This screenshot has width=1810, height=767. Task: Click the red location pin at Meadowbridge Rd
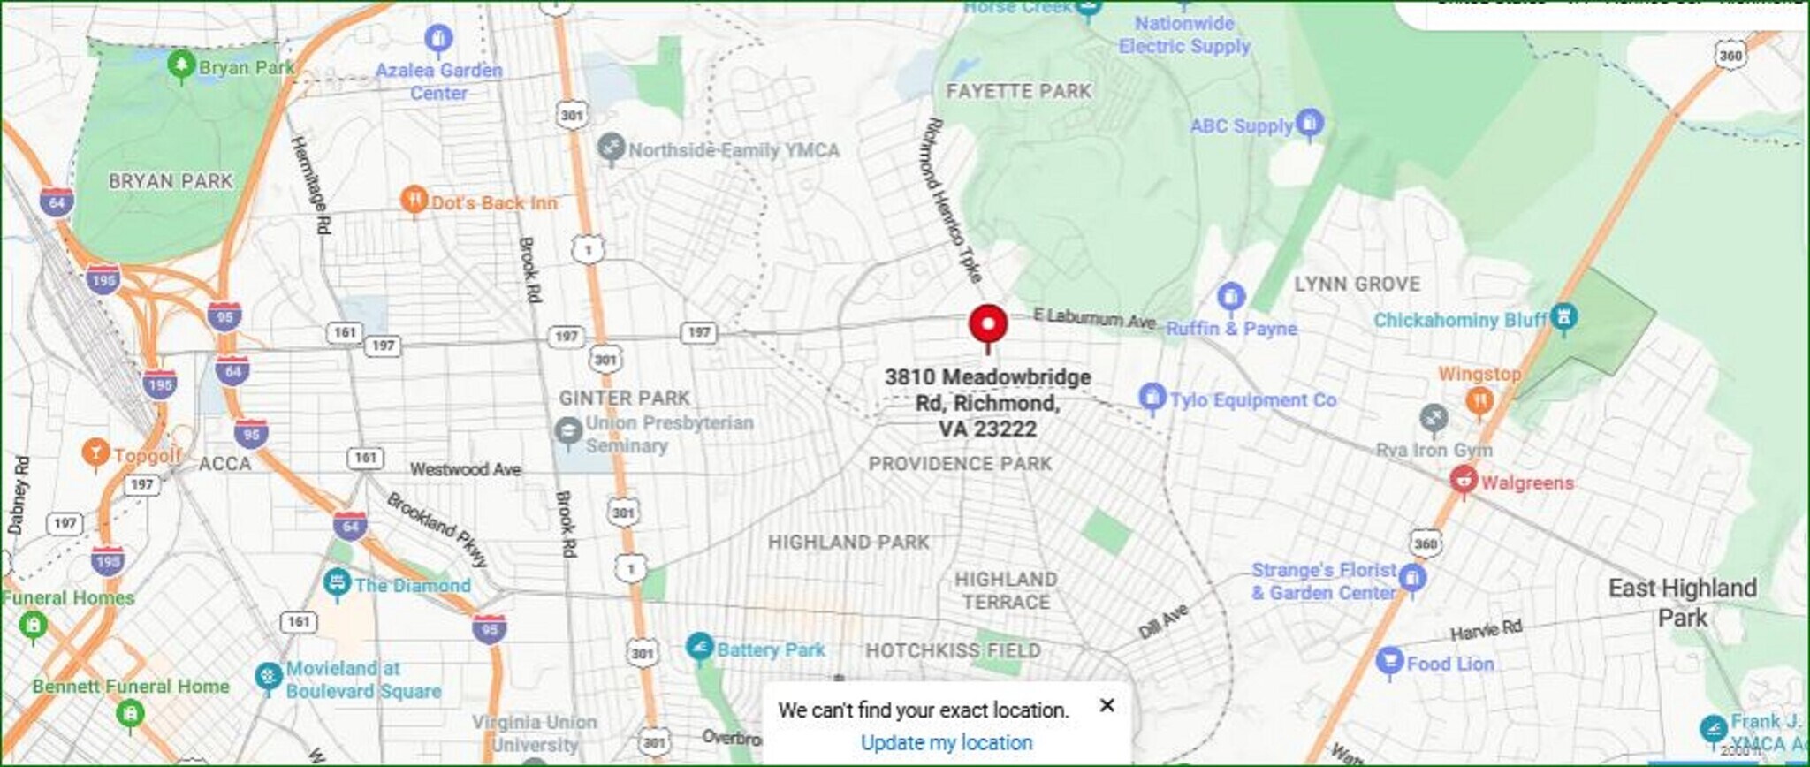[987, 324]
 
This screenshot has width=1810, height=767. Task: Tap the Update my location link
[946, 742]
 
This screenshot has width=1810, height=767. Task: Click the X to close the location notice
[1107, 705]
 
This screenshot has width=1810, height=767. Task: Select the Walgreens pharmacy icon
[1464, 481]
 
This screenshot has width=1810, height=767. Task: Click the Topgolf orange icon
[95, 452]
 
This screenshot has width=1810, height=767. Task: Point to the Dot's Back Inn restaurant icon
[414, 201]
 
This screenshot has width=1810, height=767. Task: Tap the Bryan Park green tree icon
[181, 65]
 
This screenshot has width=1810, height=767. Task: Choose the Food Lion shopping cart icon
[1389, 661]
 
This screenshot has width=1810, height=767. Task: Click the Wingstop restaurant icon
[1479, 401]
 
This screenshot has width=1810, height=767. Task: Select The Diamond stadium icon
[336, 582]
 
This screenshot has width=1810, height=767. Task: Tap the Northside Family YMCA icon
[610, 148]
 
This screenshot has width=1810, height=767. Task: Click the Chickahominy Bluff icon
[1563, 316]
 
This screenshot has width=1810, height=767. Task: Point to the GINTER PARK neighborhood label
[624, 398]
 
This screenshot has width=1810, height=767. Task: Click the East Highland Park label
[1682, 602]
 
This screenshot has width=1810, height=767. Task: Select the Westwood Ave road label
[465, 469]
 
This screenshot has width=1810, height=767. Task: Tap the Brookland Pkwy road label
[437, 528]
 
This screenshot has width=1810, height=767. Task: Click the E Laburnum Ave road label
[1094, 317]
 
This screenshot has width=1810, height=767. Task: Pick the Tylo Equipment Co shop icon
[1151, 398]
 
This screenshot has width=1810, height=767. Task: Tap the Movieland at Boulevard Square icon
[268, 676]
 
